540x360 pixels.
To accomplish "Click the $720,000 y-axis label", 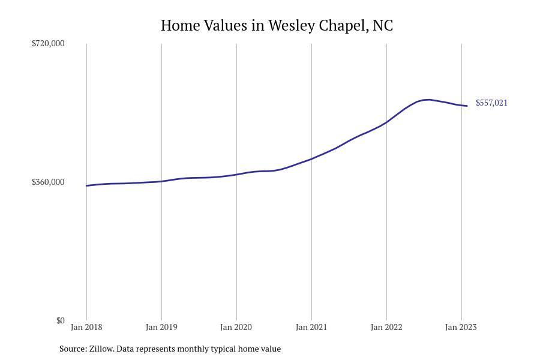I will pos(48,43).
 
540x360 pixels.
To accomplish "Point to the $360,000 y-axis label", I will pos(48,182).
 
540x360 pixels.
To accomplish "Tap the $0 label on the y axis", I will pos(60,320).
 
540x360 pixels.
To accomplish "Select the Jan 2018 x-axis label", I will pos(86,327).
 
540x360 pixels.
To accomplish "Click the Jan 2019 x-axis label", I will pos(161,327).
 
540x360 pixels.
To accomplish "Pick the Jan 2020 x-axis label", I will pos(236,327).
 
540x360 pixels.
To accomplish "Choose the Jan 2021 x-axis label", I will pos(311,327).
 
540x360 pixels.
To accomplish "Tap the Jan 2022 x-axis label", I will pos(386,327).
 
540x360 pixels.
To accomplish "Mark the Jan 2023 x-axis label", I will pos(461,327).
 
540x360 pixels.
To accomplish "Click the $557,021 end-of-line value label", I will pos(491,103).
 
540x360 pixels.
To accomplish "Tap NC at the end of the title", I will pos(383,26).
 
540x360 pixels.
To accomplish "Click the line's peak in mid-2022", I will pos(427,100).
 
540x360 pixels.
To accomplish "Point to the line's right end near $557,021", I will pos(467,106).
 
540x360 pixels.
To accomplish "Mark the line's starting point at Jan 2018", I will pos(86,185).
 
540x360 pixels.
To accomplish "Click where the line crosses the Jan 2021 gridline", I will pos(311,159).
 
